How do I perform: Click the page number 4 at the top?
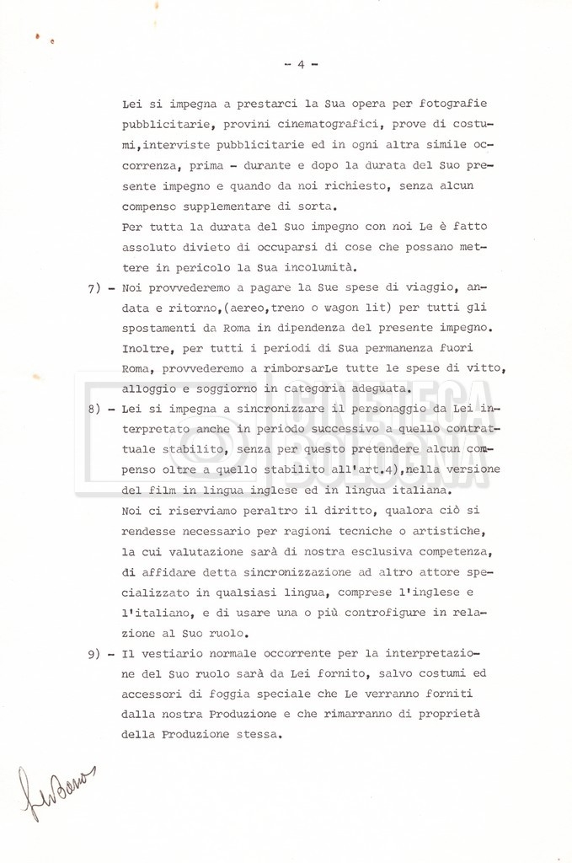[x=301, y=65]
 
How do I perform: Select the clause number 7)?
[x=98, y=287]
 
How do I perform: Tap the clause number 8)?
[x=98, y=409]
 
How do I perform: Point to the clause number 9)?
[x=98, y=653]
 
